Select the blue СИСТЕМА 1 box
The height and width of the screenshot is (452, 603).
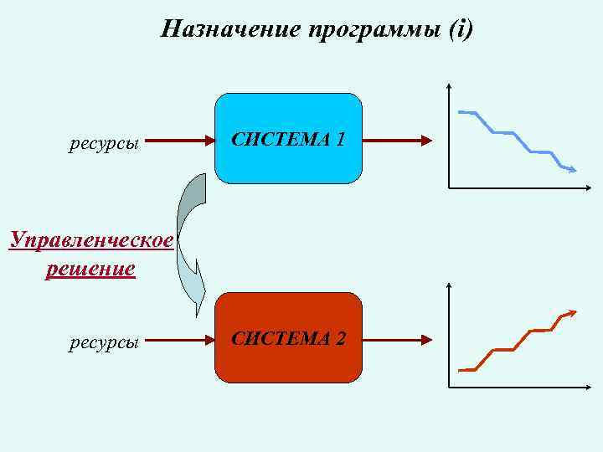[x=289, y=138]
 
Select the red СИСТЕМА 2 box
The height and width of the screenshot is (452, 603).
[x=289, y=338]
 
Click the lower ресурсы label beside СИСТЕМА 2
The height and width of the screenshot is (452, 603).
[x=104, y=342]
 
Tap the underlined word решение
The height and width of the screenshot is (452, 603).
[x=90, y=269]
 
